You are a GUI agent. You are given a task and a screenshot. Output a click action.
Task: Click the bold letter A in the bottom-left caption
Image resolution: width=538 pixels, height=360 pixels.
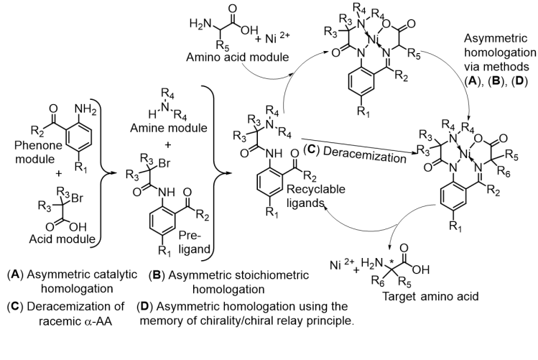pos(14,275)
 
